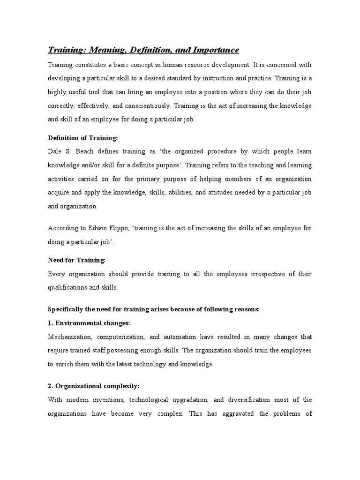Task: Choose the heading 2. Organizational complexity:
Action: click(x=94, y=386)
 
